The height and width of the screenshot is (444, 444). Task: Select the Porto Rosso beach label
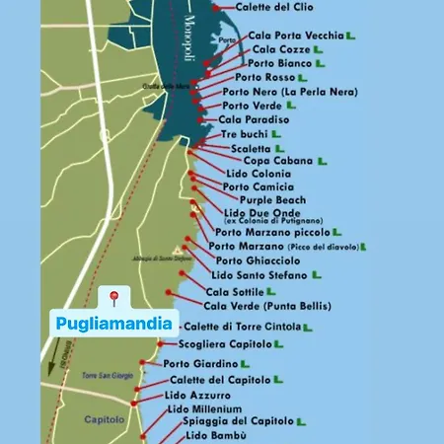tap(265, 77)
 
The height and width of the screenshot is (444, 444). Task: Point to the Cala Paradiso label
tap(254, 119)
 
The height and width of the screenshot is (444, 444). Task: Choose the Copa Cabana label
tap(277, 160)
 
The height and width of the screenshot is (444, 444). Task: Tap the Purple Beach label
tap(272, 199)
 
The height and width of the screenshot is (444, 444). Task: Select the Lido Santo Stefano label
tap(259, 274)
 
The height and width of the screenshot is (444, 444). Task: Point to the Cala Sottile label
tap(235, 292)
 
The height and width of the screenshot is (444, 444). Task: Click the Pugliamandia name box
tap(112, 323)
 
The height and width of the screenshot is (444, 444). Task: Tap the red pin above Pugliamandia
tap(113, 296)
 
